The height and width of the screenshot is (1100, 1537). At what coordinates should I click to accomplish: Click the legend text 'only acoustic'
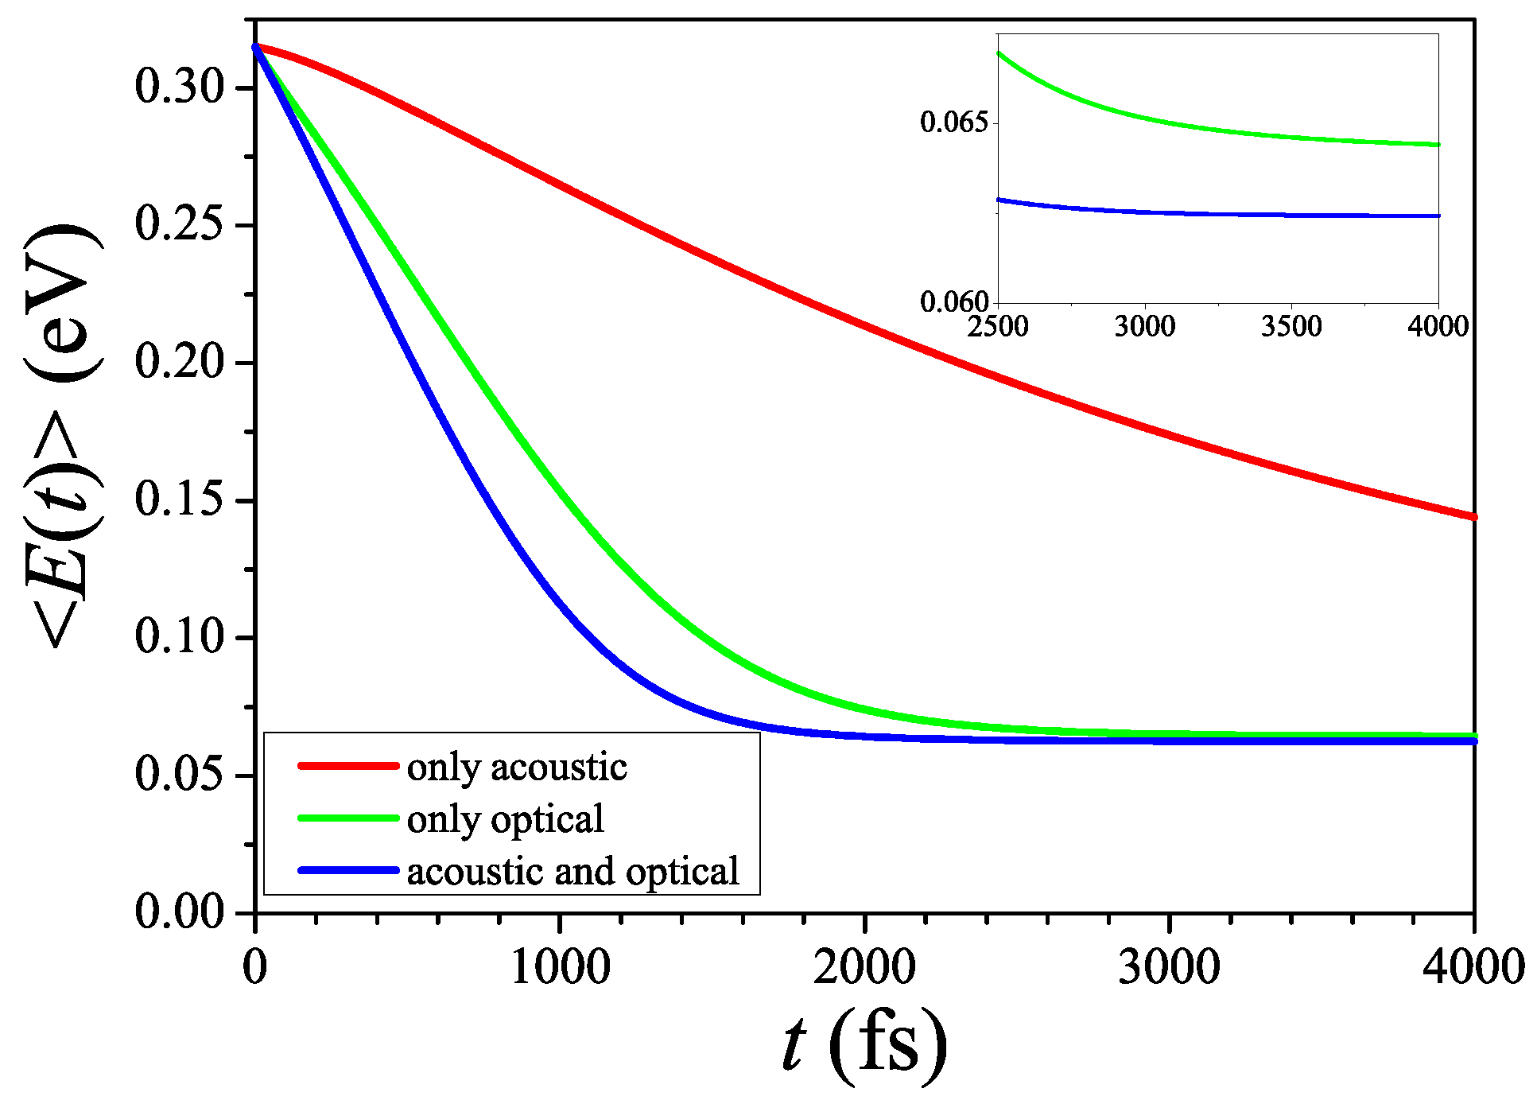(517, 768)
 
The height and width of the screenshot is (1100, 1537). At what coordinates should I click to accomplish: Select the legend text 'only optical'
(505, 820)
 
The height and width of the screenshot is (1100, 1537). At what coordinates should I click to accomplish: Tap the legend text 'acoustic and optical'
(572, 872)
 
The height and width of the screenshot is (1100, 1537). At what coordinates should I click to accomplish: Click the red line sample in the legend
(348, 766)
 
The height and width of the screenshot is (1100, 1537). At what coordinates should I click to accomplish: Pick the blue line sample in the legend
(348, 870)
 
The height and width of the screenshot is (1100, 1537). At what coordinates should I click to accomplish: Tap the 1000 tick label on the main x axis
(560, 969)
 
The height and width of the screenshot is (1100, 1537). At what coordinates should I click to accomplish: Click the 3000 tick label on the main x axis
(1169, 969)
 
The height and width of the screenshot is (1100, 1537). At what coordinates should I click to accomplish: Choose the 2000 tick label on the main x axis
(864, 969)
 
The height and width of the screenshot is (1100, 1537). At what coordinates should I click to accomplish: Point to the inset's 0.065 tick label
(953, 122)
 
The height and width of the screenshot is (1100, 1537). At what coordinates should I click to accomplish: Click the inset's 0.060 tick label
(953, 301)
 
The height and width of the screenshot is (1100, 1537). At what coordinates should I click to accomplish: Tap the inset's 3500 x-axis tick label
(1291, 326)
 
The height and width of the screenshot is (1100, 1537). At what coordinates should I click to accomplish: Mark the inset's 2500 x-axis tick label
(998, 326)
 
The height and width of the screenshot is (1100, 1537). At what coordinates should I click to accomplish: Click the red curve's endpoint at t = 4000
(1473, 517)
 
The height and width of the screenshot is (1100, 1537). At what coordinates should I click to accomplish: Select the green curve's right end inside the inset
(1438, 145)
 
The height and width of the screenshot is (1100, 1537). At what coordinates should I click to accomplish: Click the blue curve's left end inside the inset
(999, 200)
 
